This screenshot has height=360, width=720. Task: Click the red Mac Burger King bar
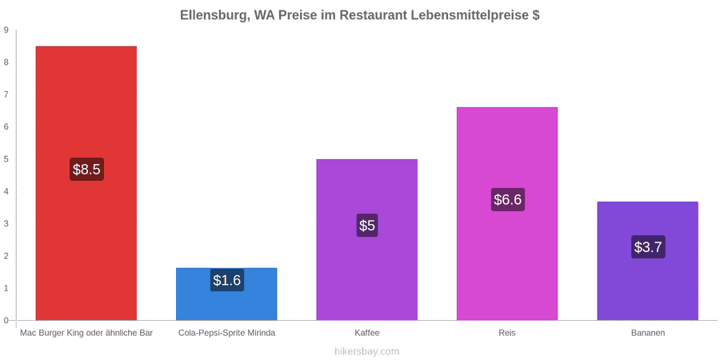[x=86, y=182]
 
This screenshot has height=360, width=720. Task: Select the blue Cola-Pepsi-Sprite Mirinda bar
[x=227, y=294]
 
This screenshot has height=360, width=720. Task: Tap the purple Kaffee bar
[x=367, y=239]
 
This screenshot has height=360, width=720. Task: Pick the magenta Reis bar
[x=507, y=214]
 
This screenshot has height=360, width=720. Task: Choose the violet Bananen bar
[x=647, y=261]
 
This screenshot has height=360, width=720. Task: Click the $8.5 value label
[x=86, y=169]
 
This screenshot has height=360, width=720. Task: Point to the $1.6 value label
[x=227, y=280]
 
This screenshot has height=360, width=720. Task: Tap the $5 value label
[x=367, y=226]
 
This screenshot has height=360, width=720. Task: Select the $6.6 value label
[x=507, y=200]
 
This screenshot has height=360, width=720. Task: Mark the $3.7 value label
[x=648, y=247]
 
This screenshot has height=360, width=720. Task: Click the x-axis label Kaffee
[x=367, y=333]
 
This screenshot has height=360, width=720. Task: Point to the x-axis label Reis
[x=507, y=333]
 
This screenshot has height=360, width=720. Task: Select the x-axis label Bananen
[x=647, y=333]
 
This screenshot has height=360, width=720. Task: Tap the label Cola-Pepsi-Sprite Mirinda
[x=227, y=333]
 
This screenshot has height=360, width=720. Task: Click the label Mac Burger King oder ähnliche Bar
[x=86, y=333]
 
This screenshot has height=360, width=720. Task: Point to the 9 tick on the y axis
[x=6, y=30]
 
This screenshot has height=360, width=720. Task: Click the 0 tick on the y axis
[x=6, y=320]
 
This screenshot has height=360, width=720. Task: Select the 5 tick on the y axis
[x=6, y=159]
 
